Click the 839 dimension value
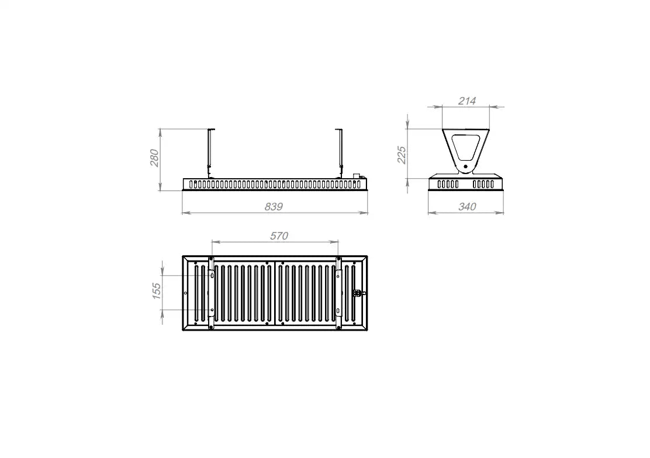274,206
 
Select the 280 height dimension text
154,158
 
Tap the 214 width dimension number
467,100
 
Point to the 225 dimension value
402,155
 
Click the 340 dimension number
467,206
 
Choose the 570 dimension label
279,236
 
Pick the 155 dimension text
156,291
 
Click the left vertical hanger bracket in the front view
211,153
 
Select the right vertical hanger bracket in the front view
339,153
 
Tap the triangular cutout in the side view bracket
465,148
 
